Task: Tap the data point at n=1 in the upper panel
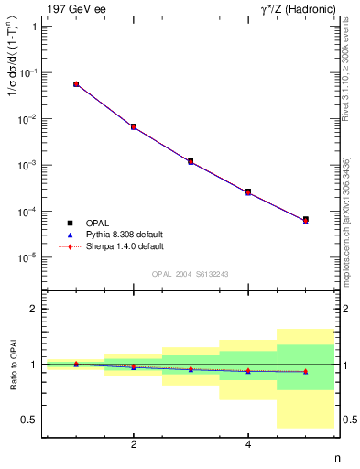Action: pyautogui.click(x=76, y=83)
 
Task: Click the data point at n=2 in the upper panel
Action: pyautogui.click(x=134, y=126)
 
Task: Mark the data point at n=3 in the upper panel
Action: pyautogui.click(x=191, y=161)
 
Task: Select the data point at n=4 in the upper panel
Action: pyautogui.click(x=248, y=191)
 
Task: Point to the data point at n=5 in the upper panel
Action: pyautogui.click(x=306, y=220)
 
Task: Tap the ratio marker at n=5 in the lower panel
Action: pyautogui.click(x=306, y=371)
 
